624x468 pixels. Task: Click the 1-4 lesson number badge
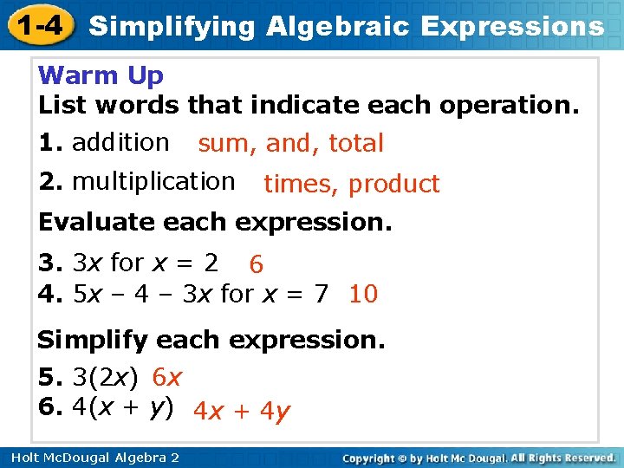click(37, 25)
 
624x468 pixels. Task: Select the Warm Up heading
click(101, 76)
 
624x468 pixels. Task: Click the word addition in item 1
click(120, 142)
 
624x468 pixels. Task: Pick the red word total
click(355, 144)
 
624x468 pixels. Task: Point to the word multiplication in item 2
click(153, 182)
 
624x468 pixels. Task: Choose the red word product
click(394, 185)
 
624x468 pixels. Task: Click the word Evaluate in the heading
click(94, 222)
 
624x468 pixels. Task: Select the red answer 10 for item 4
click(363, 295)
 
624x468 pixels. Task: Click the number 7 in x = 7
click(322, 294)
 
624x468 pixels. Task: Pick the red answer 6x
click(166, 378)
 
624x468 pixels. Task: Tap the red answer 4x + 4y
click(241, 411)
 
